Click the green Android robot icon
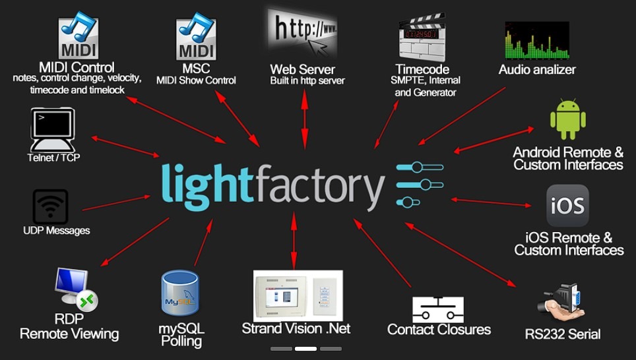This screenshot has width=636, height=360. [568, 119]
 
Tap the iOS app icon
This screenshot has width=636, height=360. [567, 206]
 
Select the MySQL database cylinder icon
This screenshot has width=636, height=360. [180, 293]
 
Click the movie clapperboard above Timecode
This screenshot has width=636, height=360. [422, 38]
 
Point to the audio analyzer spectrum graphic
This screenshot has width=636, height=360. [537, 40]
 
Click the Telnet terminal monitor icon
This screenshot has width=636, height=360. [53, 130]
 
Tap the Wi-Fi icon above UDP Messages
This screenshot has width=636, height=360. [50, 207]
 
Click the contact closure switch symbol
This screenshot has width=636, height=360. [438, 310]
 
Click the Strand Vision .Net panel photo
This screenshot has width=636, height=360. [298, 295]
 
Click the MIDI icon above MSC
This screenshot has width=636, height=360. [196, 36]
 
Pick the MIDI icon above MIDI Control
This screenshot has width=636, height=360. [79, 35]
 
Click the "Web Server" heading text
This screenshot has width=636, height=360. [303, 69]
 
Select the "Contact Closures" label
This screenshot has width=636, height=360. [439, 329]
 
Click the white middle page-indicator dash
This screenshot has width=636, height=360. [306, 349]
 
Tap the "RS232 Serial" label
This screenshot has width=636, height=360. [563, 334]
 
